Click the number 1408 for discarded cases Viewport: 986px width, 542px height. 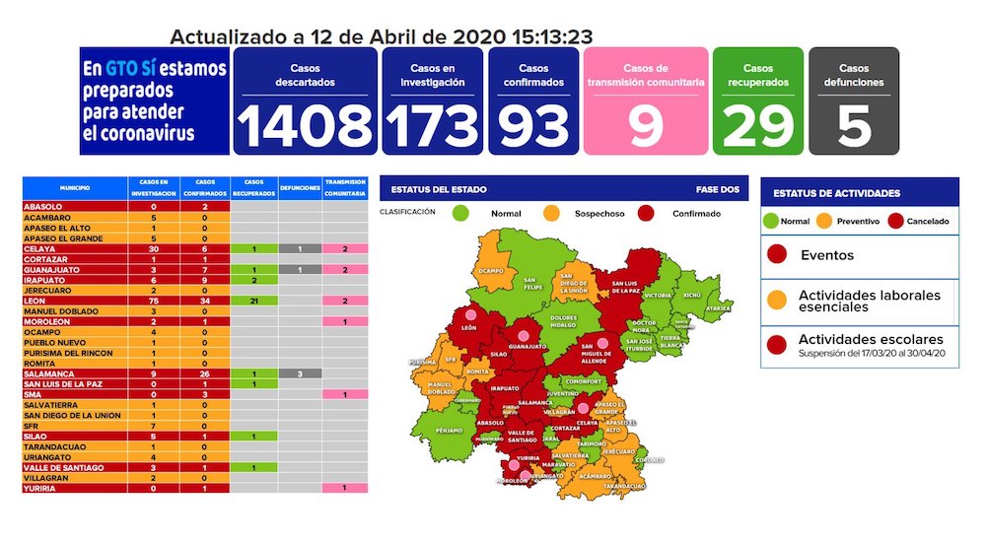tap(305, 125)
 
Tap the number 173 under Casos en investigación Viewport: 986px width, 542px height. tap(432, 125)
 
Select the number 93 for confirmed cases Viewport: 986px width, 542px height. tap(532, 125)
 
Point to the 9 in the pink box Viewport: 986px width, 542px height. tap(645, 126)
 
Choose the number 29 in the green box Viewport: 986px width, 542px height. tap(757, 125)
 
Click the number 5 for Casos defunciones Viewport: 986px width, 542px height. tap(854, 125)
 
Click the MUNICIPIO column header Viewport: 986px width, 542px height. tap(75, 186)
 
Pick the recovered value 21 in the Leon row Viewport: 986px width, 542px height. tap(254, 301)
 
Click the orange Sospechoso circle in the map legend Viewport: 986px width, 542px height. tap(551, 213)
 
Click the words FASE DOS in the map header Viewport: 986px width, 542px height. tap(718, 188)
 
